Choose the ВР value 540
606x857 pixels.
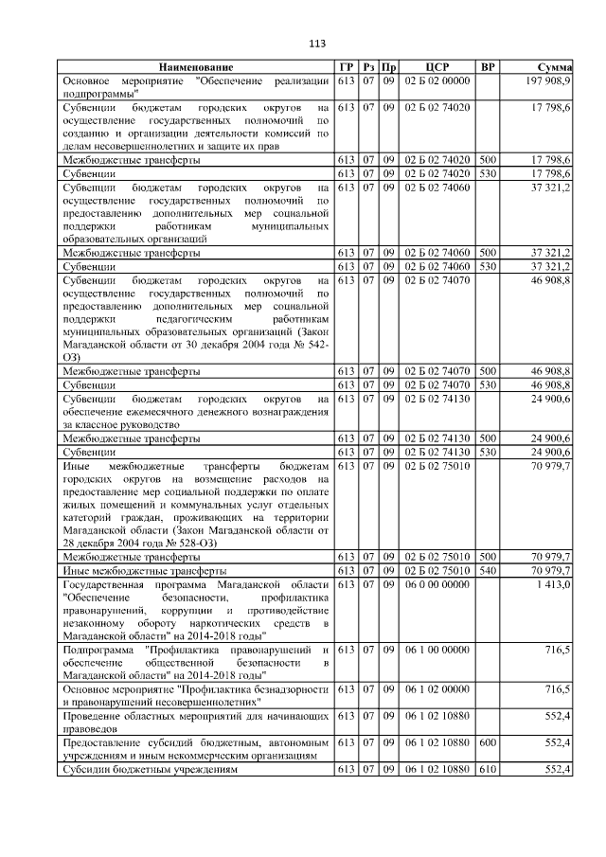[x=487, y=572]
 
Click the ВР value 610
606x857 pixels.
[x=487, y=772]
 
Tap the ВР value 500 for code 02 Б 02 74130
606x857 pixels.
[x=487, y=438]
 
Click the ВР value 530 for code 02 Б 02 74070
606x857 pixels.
[x=487, y=385]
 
